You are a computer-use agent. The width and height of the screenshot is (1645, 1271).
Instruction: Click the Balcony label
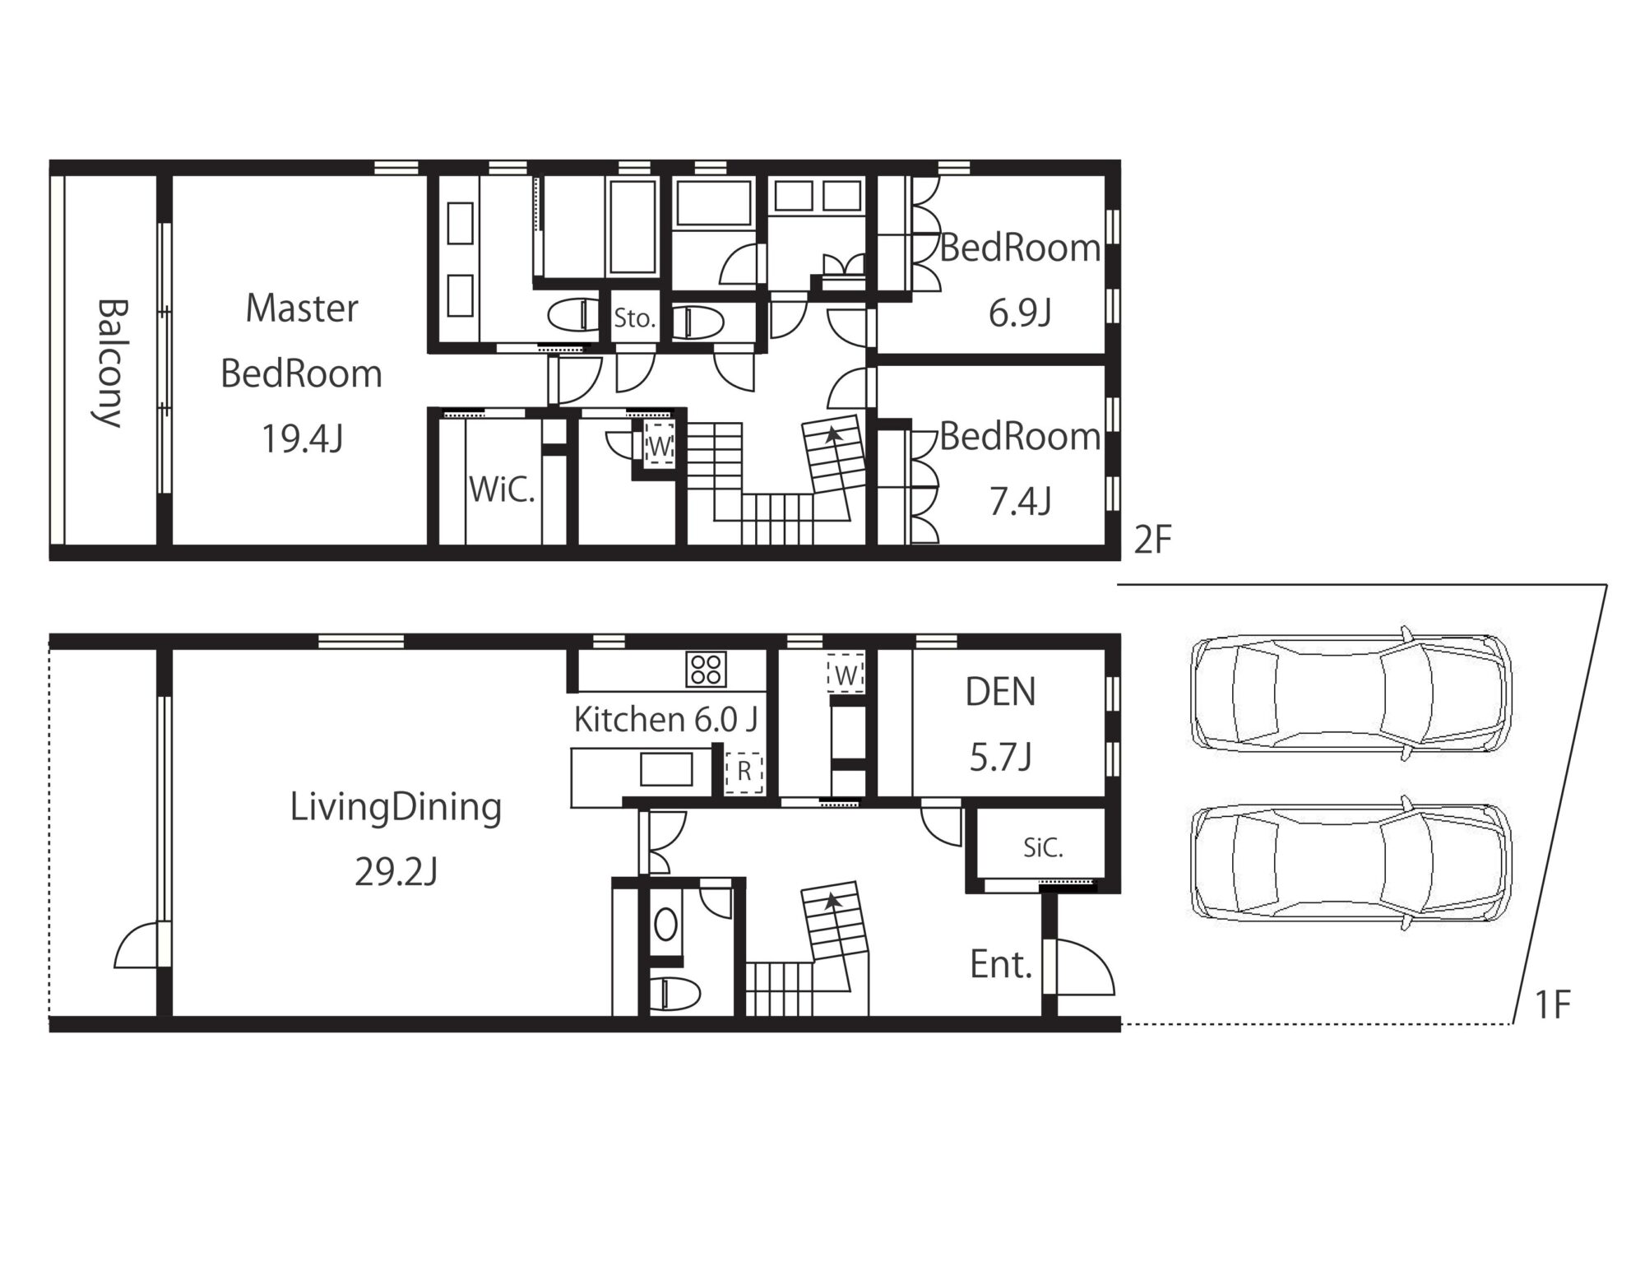pos(109,363)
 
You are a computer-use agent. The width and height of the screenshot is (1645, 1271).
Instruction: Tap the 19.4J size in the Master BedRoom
pos(302,439)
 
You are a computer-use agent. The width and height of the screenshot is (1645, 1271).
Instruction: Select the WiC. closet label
pos(502,490)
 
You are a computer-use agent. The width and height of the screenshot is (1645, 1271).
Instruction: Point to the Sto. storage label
pos(633,318)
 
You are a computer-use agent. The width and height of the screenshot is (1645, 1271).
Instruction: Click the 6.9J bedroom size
pos(1020,313)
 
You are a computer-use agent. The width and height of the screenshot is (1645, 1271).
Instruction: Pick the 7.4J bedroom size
pos(1020,501)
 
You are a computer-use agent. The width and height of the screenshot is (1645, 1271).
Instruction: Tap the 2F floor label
pos(1151,540)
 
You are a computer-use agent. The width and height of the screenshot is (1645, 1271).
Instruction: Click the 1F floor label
pos(1553,1005)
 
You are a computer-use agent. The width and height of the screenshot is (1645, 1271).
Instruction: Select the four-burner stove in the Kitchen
pos(706,669)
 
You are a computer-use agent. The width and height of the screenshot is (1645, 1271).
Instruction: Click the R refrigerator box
pos(744,772)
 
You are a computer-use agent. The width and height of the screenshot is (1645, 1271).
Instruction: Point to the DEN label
pos(1000,693)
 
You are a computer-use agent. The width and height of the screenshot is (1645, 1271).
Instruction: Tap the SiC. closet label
pos(1043,848)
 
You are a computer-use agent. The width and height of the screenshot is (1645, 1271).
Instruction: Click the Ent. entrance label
pos(1000,964)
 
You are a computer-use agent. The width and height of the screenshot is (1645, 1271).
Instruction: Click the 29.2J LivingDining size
pos(396,872)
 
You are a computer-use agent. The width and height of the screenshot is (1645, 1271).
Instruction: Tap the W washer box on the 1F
pos(846,675)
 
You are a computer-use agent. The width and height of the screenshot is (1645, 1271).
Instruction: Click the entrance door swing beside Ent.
pos(1084,968)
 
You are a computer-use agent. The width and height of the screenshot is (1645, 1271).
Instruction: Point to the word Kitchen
pos(629,720)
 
